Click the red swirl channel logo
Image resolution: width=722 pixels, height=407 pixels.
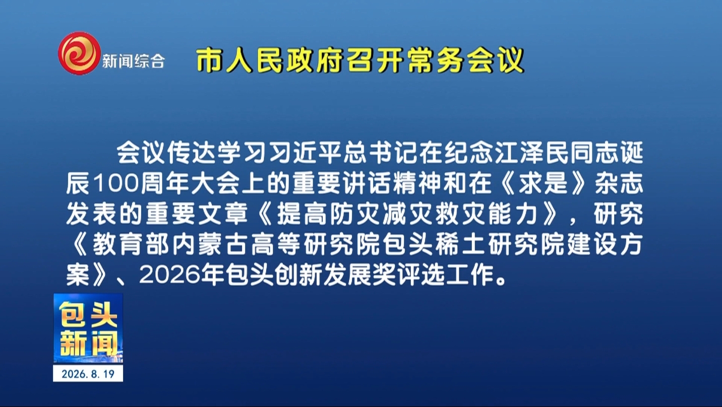coord(79,53)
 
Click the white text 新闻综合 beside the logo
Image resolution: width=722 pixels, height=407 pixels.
coord(134,60)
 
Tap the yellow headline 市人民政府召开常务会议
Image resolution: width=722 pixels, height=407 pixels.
coord(360,60)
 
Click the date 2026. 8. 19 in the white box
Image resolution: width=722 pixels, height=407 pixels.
coord(88,374)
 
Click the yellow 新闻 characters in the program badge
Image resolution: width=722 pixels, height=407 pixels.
coord(88,344)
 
